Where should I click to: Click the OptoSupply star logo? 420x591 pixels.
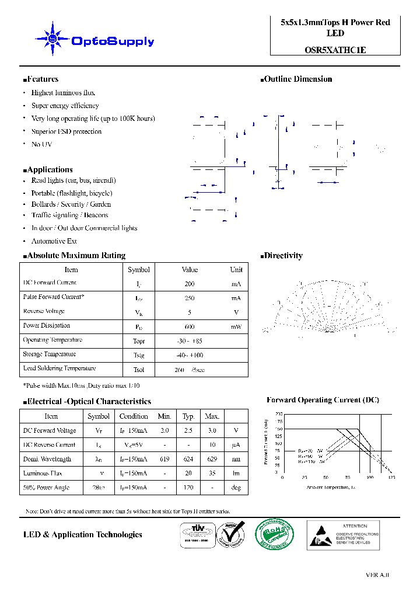tap(52, 39)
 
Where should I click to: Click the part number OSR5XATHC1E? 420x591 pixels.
tap(335, 50)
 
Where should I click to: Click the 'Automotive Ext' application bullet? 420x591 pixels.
tap(54, 241)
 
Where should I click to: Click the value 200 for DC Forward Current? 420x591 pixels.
tap(190, 284)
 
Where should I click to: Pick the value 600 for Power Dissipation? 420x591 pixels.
tap(190, 326)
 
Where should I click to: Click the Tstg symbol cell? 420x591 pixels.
tap(138, 355)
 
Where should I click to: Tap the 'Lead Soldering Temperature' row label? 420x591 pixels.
tap(59, 368)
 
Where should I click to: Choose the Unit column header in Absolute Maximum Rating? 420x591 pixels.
tap(236, 270)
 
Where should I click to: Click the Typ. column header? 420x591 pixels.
tap(188, 416)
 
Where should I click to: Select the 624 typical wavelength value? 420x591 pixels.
tap(188, 460)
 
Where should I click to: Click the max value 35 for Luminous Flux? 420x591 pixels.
tap(212, 474)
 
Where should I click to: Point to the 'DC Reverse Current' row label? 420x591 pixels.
tap(49, 445)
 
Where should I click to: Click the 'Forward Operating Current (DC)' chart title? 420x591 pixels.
tap(323, 401)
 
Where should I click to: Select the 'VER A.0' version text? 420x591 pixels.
tap(377, 575)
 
